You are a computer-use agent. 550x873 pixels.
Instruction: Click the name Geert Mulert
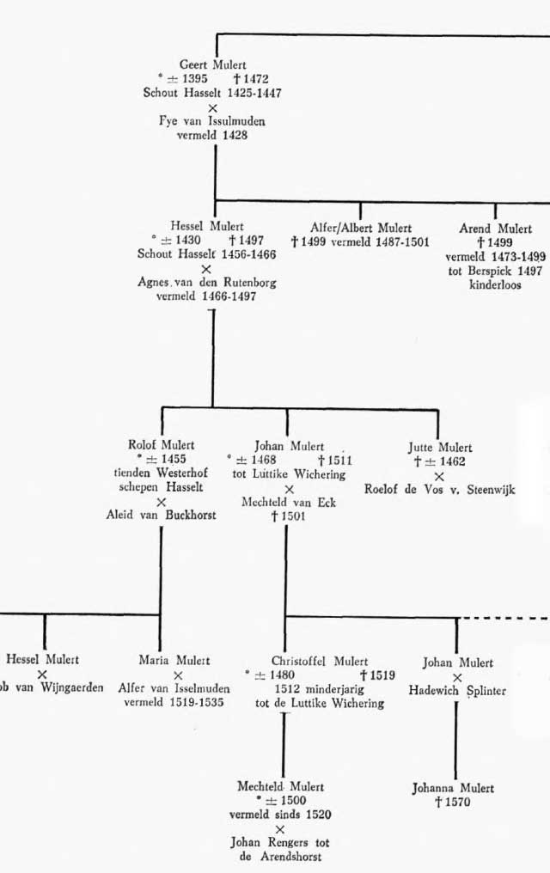pos(212,64)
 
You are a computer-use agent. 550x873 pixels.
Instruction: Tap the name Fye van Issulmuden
pos(212,121)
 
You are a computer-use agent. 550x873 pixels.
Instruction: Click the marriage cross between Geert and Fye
pos(212,108)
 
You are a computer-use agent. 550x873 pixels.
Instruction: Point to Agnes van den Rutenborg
pos(207,283)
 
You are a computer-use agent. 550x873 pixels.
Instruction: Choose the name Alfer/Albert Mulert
pos(361,228)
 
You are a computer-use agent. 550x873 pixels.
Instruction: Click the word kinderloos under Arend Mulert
pos(495,284)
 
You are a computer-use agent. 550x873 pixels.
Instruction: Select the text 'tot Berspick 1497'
pos(495,271)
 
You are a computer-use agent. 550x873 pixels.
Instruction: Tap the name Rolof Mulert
pos(162,445)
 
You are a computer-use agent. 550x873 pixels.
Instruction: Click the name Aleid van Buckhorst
pos(162,515)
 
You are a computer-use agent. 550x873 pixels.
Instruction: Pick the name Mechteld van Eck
pos(289,502)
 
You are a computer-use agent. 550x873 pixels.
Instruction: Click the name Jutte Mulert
pos(440,447)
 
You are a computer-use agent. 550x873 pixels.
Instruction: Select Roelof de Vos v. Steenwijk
pos(440,490)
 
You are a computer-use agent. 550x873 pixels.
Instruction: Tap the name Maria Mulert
pos(174,660)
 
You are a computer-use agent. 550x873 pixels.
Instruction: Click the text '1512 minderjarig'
pos(320,689)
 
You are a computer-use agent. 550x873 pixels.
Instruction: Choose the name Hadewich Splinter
pos(457,691)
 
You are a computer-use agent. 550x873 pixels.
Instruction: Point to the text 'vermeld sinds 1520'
pos(280,815)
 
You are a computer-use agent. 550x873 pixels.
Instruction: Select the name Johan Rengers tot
pos(280,842)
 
